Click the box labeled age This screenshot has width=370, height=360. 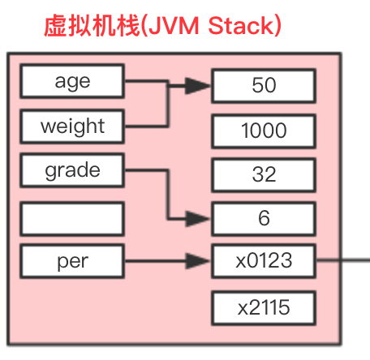coord(72,81)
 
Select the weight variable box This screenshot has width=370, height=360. coord(72,126)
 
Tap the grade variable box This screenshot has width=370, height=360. coord(72,171)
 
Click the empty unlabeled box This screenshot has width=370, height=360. coord(72,216)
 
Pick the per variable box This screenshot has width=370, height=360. coord(72,262)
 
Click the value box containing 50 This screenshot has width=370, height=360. coord(264,85)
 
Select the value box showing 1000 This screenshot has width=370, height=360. coord(264,130)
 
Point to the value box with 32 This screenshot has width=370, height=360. coord(264,174)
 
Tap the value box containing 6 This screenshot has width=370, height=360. coord(264,217)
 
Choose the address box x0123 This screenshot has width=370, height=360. coord(264,261)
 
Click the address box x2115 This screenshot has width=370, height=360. coord(264,307)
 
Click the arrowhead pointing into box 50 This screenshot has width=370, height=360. coord(198,85)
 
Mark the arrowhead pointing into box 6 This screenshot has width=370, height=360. coord(198,217)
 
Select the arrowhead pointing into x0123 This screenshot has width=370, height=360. coord(198,261)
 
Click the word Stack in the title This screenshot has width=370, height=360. coord(241,27)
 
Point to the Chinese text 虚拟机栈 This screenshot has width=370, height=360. coord(88,27)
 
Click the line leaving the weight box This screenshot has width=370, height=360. coord(146,126)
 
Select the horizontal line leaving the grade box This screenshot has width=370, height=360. coord(146,171)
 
